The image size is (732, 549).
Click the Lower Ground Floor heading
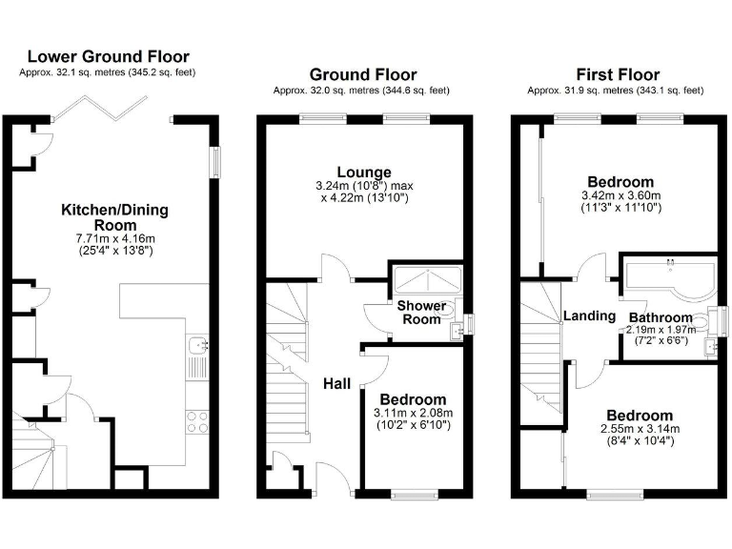coord(107,57)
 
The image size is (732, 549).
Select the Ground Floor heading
coord(362,74)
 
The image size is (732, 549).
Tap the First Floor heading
coord(617,74)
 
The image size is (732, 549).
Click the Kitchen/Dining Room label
coord(107,216)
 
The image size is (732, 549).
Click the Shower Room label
coord(421,313)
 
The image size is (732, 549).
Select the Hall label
coord(336,383)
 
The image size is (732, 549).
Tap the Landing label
coord(589,315)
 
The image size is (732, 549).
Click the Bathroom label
coord(660,317)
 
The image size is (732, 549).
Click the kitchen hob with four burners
coord(198,421)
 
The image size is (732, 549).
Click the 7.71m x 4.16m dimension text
coord(108,238)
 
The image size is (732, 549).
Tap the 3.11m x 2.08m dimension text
coord(414,413)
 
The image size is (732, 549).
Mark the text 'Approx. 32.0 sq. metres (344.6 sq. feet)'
coord(362,91)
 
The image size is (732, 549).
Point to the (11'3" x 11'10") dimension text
coord(620,207)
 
